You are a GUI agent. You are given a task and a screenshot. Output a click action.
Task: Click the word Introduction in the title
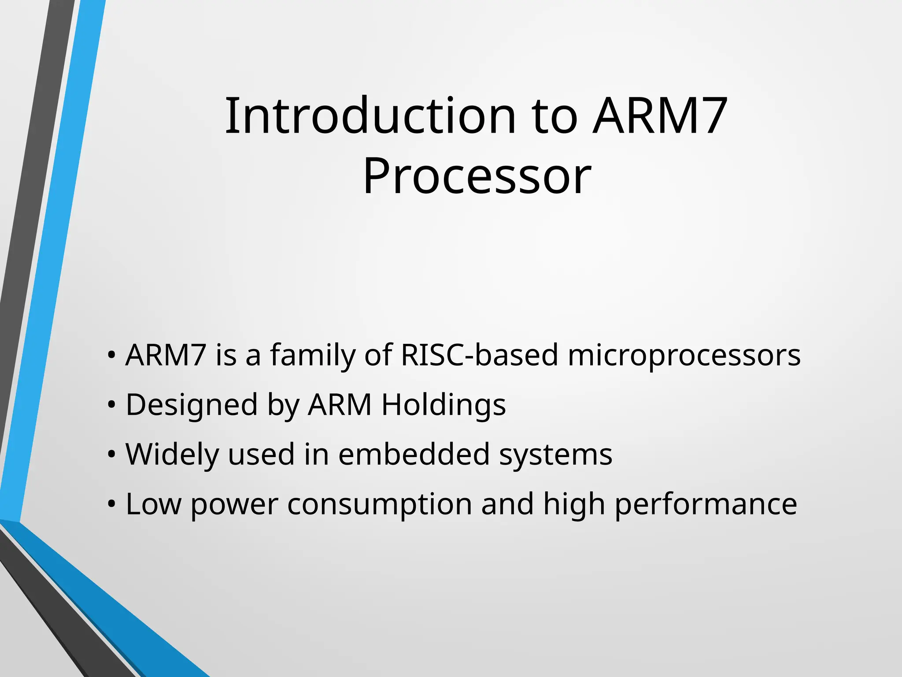click(370, 116)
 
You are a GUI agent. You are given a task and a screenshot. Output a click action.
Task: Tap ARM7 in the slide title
click(659, 116)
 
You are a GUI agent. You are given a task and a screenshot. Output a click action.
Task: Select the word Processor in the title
click(477, 177)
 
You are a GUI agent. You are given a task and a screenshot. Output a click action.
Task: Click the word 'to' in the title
click(555, 116)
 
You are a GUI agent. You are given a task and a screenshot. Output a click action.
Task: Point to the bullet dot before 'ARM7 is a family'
click(111, 355)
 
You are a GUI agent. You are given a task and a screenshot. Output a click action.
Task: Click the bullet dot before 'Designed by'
click(111, 405)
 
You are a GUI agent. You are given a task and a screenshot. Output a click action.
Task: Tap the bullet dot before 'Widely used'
click(111, 454)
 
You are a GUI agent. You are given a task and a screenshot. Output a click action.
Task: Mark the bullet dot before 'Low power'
click(111, 504)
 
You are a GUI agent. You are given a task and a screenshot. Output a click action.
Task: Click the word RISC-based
click(479, 355)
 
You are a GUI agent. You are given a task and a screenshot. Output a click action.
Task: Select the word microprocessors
click(684, 355)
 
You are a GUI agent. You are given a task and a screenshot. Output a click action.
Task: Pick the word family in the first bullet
click(312, 355)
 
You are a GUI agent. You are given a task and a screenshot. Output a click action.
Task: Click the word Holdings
click(444, 405)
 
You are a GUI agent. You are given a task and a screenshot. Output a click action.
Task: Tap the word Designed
click(192, 405)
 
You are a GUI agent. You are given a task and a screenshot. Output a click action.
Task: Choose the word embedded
click(414, 454)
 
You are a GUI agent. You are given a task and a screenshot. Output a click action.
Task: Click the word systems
click(556, 454)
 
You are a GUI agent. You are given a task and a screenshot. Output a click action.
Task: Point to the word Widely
click(172, 454)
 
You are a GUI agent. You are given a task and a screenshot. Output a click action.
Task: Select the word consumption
click(379, 504)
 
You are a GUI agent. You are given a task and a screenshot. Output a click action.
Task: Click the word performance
click(706, 504)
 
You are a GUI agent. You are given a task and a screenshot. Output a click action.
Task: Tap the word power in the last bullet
click(234, 504)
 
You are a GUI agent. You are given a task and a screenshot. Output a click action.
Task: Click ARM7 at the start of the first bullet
click(166, 355)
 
